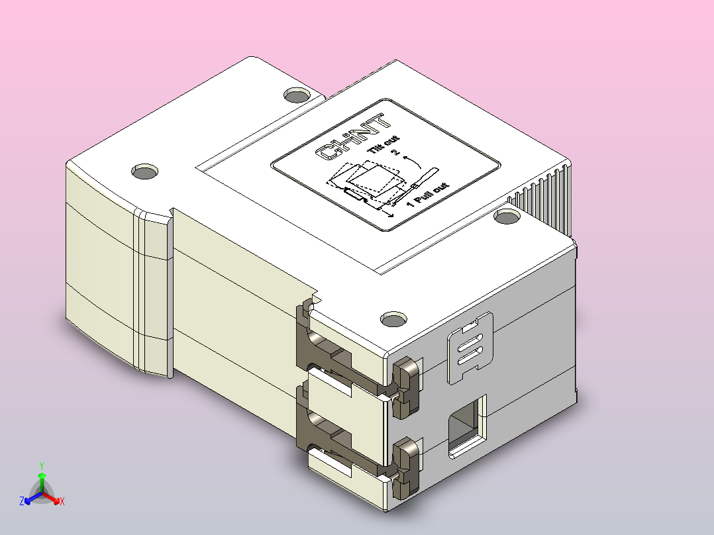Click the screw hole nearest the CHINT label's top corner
coord(296,95)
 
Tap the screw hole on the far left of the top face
coord(144,172)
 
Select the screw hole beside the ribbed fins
coord(507,217)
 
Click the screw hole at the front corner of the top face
coord(395,320)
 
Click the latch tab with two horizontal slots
coord(471,347)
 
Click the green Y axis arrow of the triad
coord(42,476)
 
